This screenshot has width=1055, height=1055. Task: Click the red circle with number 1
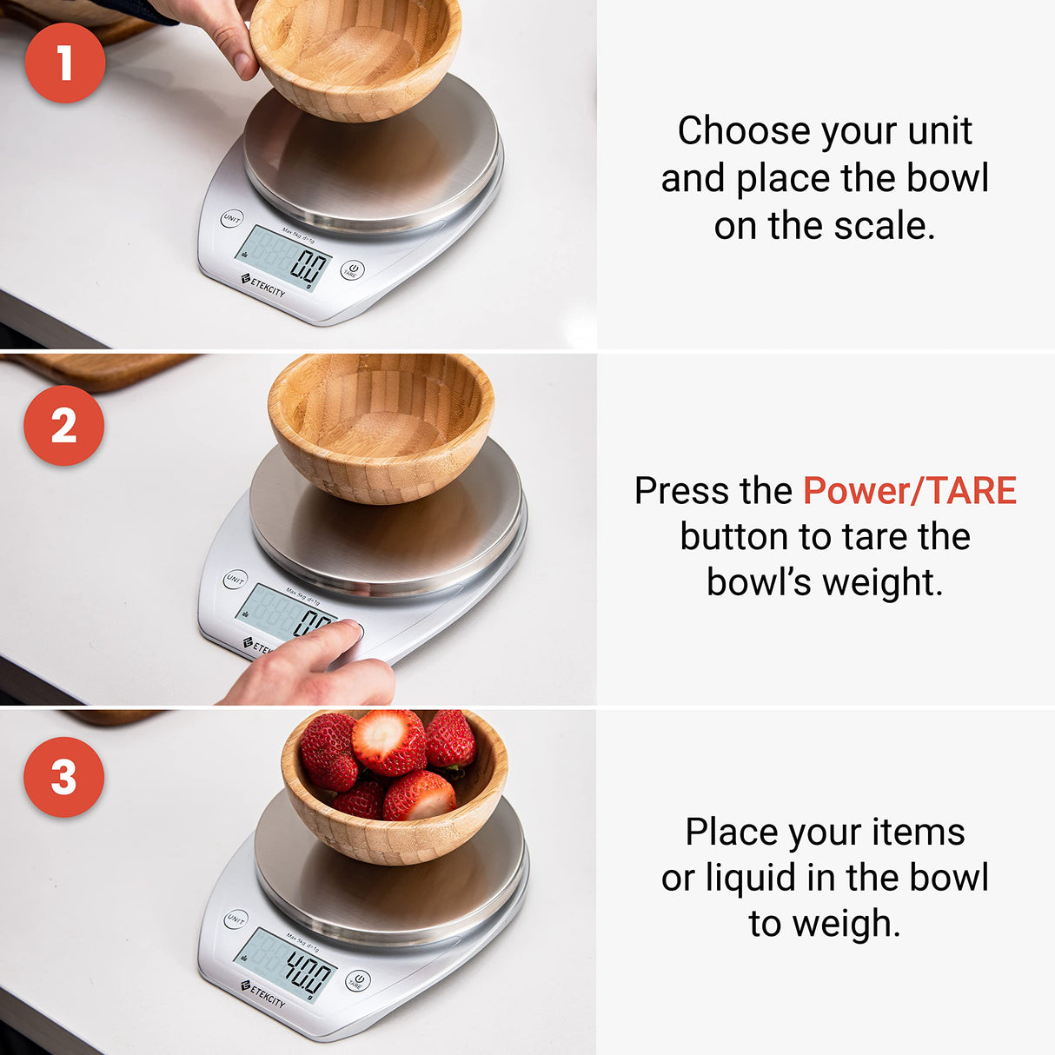coord(65,63)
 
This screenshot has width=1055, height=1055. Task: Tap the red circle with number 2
coord(63,426)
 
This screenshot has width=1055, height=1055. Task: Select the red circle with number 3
coord(63,777)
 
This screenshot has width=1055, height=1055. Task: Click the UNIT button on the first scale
coord(231,219)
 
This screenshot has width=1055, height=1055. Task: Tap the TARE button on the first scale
coord(351,270)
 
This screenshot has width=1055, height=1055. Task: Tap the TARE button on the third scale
coord(357,981)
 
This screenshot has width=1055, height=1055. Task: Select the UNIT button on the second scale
coord(235,580)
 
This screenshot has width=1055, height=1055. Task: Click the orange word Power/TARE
coord(909,491)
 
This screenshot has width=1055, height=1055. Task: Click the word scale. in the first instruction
coord(884,226)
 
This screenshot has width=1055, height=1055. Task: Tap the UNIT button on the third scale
coord(236,919)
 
